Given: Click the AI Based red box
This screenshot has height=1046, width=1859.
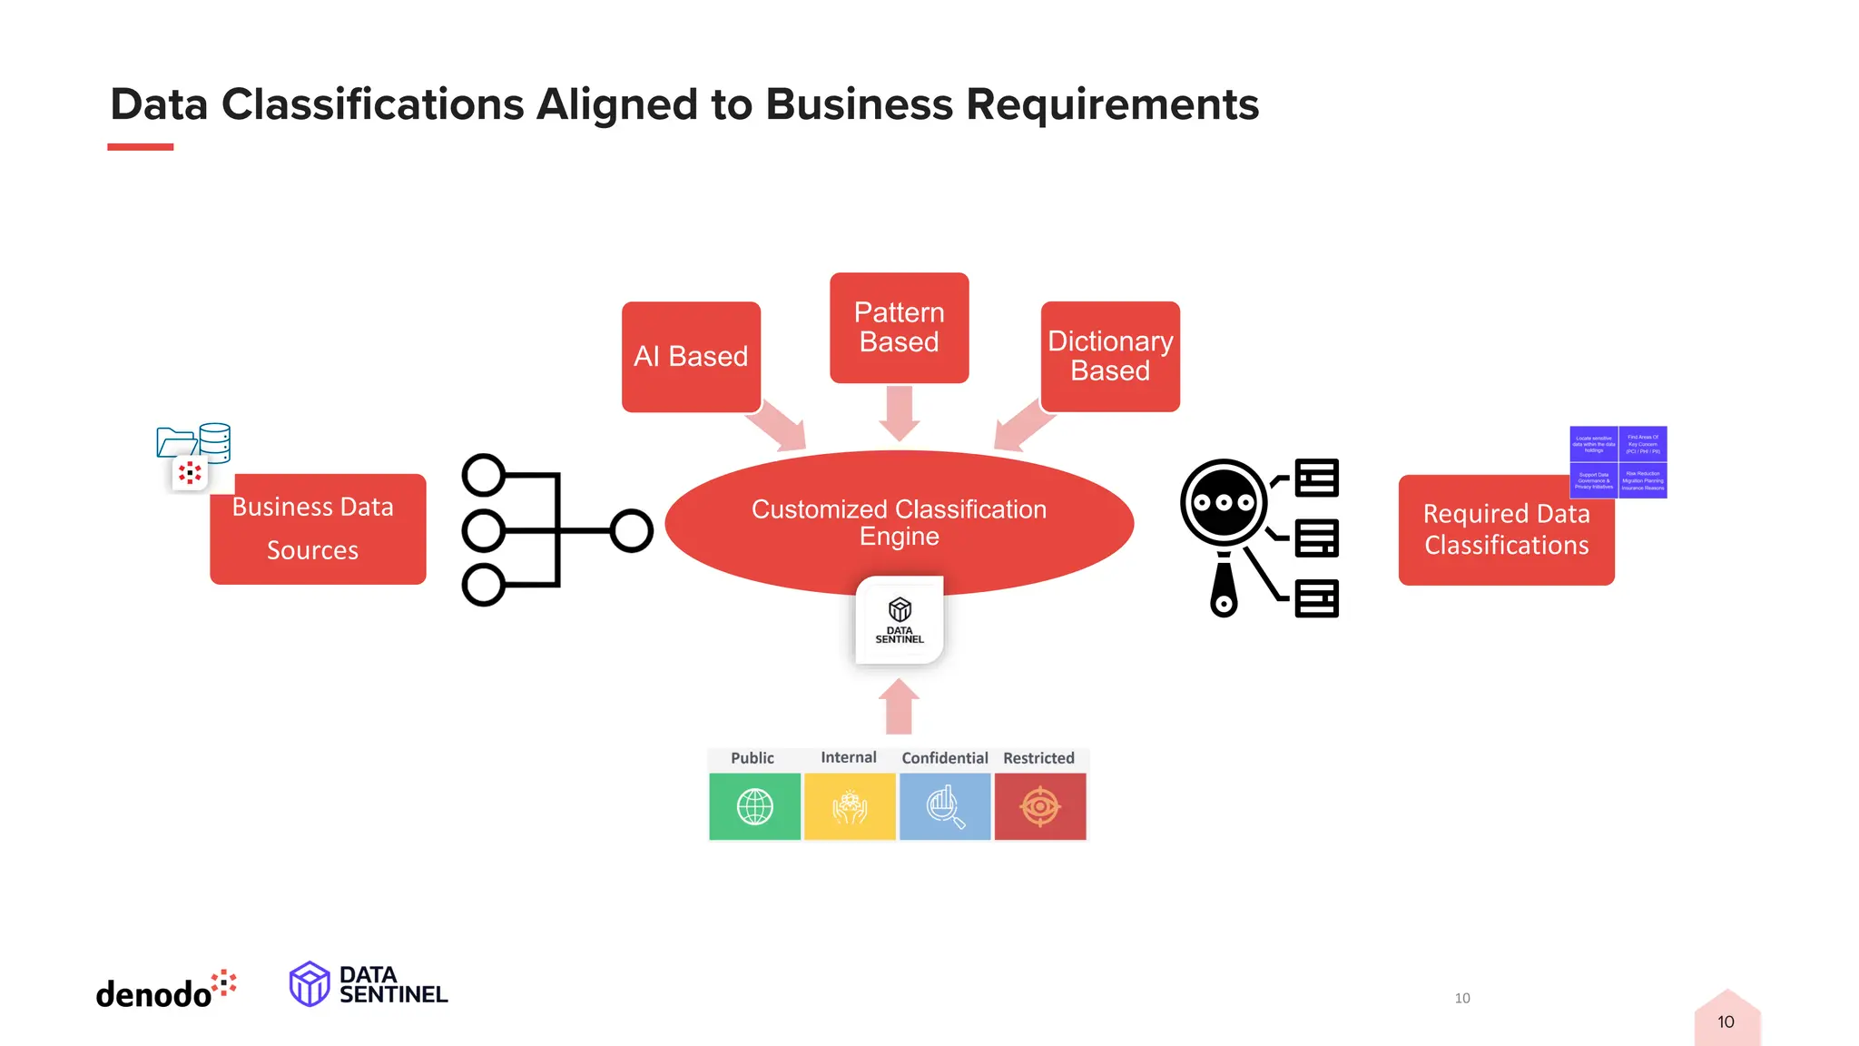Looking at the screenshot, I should point(691,356).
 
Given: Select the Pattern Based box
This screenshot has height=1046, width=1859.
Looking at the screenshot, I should point(899,327).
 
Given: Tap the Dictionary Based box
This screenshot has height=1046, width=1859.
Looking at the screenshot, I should point(1109,356).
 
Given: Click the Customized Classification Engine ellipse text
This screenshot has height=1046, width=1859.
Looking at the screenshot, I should point(899,522).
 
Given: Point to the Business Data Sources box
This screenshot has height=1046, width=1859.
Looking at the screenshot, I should point(317,528).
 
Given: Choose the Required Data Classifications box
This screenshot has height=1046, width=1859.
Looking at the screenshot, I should point(1505,530).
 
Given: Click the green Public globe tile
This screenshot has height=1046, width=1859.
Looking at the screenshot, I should point(754,806).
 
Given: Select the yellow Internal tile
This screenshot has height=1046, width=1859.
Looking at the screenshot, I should point(850,806).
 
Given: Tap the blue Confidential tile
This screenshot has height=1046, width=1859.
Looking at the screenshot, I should point(945,806).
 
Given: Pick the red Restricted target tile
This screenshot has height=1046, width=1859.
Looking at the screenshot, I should point(1040,806).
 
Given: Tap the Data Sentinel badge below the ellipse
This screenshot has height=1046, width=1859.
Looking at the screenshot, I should point(900,620).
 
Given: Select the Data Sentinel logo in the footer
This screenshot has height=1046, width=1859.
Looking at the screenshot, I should point(369,985).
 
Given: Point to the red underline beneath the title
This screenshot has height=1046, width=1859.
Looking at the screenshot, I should point(140,147).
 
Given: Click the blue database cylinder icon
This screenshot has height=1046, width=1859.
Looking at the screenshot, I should point(215,442).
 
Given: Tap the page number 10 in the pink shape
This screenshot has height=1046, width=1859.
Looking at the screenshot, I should point(1726,1022).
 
